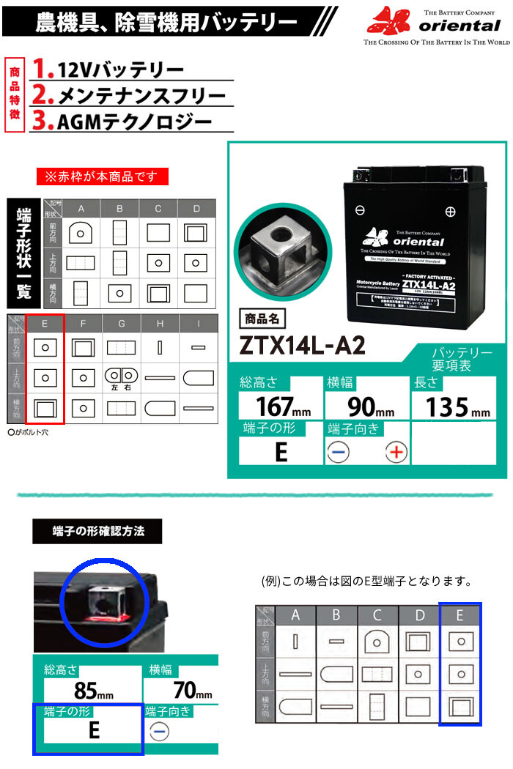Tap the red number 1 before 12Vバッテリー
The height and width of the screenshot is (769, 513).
click(44, 70)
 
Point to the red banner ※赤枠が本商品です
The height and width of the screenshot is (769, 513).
click(103, 177)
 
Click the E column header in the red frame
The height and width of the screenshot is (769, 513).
click(45, 323)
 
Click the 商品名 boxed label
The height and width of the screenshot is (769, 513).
click(262, 319)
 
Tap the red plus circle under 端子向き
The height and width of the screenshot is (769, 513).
click(396, 452)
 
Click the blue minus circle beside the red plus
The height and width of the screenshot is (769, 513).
click(338, 452)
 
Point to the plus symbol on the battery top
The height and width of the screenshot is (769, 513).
click(450, 212)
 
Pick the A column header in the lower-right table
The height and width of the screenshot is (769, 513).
click(296, 615)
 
